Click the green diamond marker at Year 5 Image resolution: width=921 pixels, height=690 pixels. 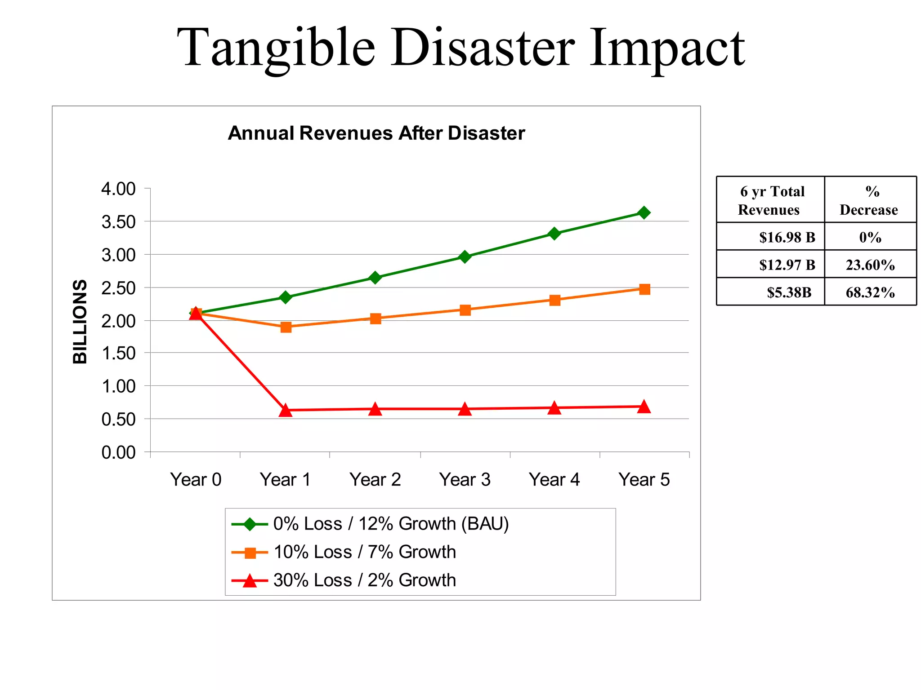(x=644, y=212)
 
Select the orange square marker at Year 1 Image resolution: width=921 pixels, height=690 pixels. (x=286, y=327)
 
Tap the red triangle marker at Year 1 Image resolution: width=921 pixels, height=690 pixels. (x=286, y=410)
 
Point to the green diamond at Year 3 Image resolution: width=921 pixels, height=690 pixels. (x=465, y=257)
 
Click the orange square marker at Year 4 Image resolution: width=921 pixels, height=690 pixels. (x=554, y=300)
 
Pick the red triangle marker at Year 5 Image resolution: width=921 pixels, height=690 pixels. (x=644, y=407)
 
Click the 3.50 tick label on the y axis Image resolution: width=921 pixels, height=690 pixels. (x=118, y=222)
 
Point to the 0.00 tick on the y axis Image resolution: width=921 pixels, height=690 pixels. (x=118, y=452)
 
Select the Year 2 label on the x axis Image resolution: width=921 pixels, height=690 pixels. (x=375, y=480)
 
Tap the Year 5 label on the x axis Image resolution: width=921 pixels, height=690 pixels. (x=644, y=480)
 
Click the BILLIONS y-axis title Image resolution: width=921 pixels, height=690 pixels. (x=80, y=321)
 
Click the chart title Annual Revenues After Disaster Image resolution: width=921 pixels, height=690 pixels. (x=376, y=133)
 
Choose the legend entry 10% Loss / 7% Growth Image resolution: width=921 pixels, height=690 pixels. (x=364, y=552)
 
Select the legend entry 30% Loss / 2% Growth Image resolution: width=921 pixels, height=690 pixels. (x=364, y=580)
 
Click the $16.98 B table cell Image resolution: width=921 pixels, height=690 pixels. (x=787, y=237)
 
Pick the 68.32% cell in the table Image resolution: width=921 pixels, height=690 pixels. (x=870, y=292)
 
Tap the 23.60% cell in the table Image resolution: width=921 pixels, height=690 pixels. (x=870, y=265)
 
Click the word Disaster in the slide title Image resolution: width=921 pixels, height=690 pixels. (x=482, y=48)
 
